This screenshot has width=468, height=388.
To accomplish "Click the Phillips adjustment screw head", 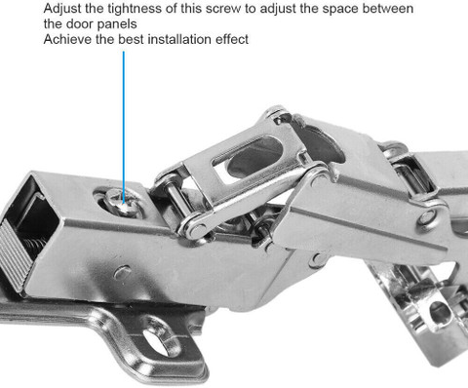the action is [x=124, y=203].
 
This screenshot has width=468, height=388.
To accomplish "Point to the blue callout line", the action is [x=124, y=127].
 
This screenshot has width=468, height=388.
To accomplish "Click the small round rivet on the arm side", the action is [x=123, y=272].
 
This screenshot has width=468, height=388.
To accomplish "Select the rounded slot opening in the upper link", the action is [x=248, y=158].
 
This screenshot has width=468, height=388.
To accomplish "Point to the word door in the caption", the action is [x=79, y=24].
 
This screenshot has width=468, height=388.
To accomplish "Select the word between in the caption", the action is [x=387, y=9].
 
